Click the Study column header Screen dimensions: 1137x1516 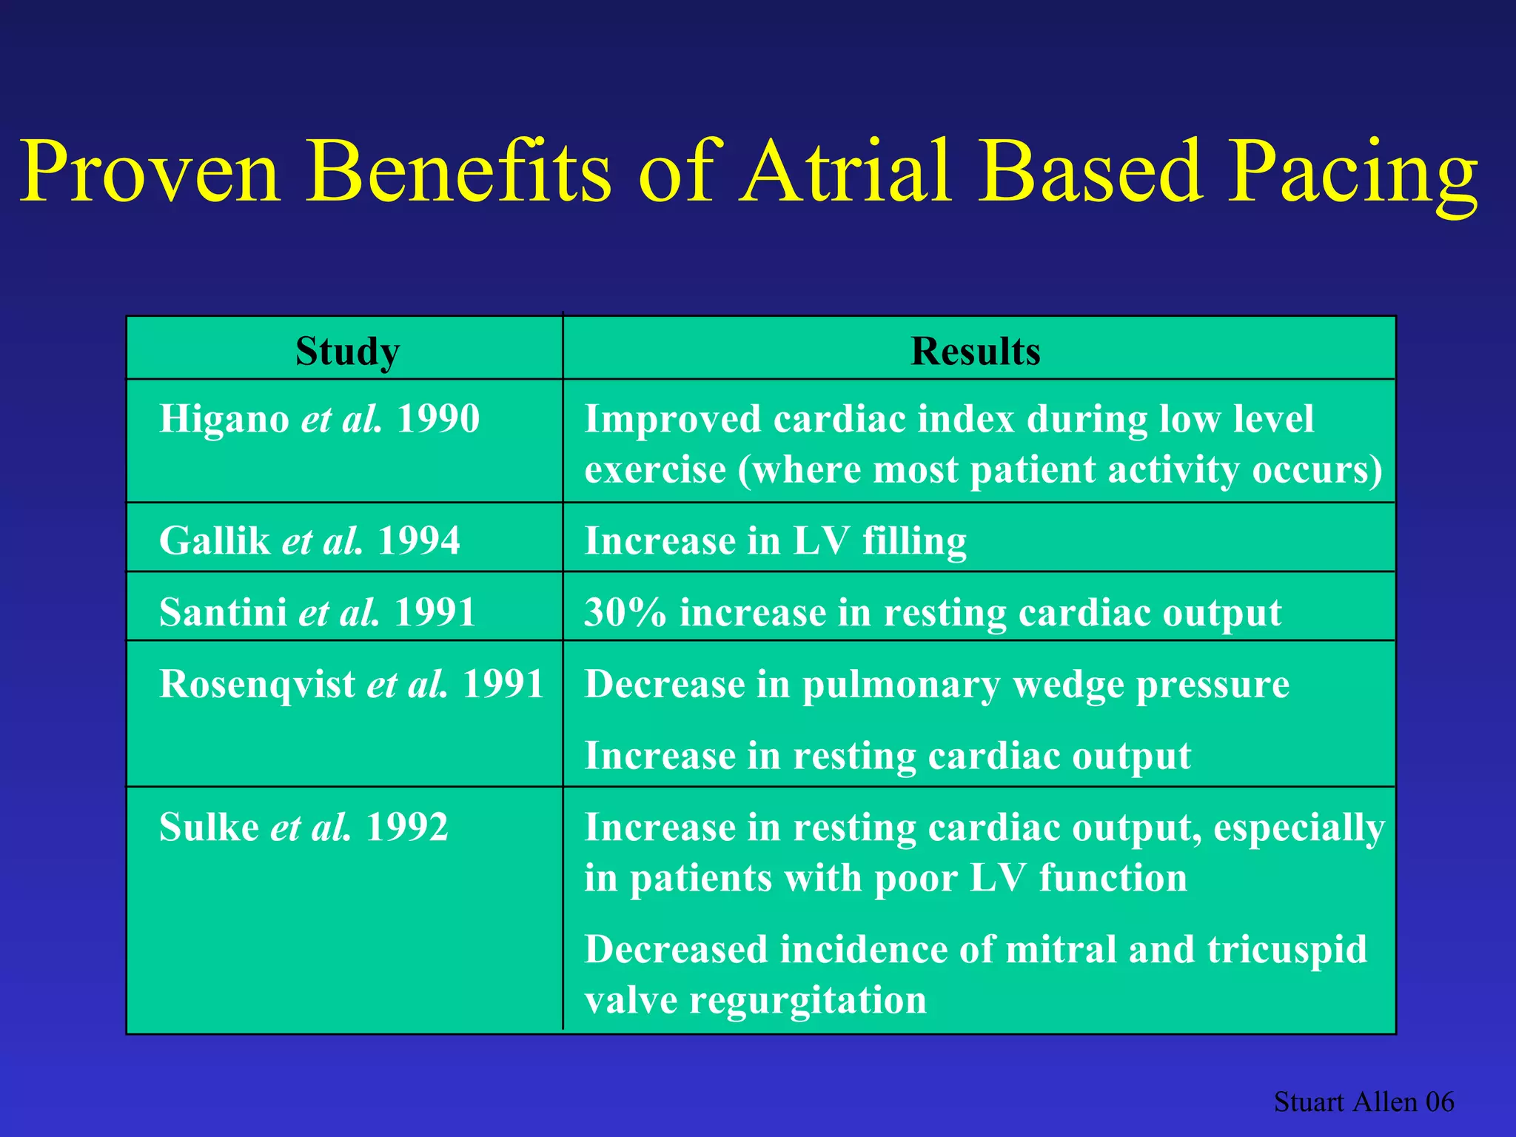click(347, 351)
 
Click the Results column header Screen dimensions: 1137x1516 click(975, 351)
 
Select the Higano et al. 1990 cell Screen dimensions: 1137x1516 click(319, 419)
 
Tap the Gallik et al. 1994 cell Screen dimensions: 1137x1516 click(309, 540)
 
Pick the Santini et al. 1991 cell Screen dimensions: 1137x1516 click(317, 612)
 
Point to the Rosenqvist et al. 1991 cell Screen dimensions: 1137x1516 click(352, 683)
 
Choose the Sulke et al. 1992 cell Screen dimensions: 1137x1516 click(303, 827)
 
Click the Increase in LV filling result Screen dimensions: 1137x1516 click(775, 540)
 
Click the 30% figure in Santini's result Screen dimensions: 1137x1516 click(624, 612)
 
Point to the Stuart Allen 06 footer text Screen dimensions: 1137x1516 click(1364, 1102)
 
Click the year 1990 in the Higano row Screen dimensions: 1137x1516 click(438, 419)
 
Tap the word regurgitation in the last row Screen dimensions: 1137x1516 click(808, 1001)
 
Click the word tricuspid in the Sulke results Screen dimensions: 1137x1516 click(1287, 950)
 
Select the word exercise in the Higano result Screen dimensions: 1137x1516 click(654, 470)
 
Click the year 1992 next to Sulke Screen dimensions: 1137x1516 click(406, 827)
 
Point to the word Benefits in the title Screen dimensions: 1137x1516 click(459, 172)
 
